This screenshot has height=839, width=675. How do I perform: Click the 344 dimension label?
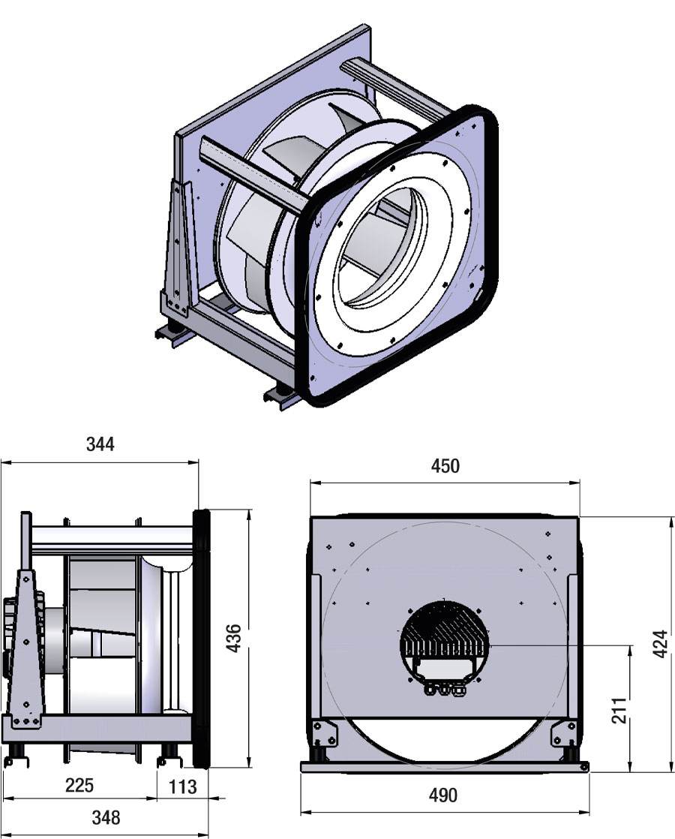(100, 444)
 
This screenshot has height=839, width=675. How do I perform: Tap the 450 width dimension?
(445, 466)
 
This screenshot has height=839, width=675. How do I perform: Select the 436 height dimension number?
(234, 638)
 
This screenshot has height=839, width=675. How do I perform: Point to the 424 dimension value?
(661, 644)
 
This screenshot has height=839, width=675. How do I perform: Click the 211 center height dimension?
(618, 710)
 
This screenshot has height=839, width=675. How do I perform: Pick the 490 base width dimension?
(443, 795)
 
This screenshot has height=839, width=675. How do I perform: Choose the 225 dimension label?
(79, 785)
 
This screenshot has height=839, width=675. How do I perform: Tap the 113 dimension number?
(182, 786)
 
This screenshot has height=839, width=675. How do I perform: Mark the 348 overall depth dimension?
(106, 817)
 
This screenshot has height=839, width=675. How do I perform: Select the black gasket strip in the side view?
(201, 639)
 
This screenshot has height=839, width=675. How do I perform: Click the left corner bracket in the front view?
(324, 732)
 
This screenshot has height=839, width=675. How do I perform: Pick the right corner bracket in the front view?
(564, 732)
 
